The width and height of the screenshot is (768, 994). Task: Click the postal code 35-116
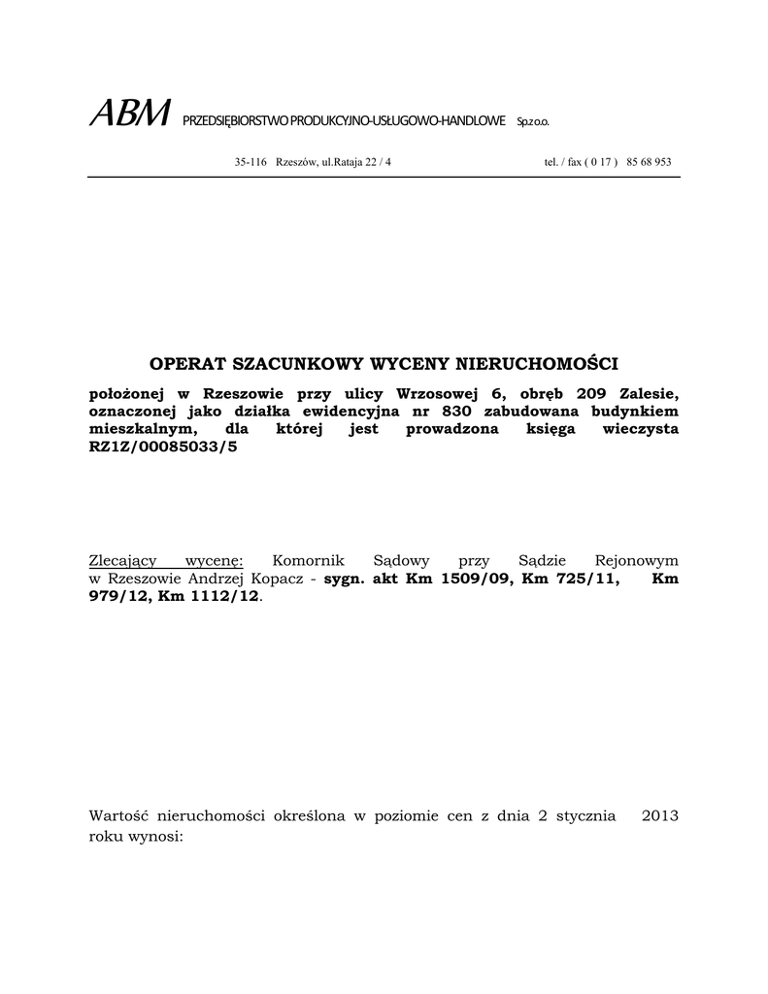point(250,162)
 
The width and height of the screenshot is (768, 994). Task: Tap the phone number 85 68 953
point(650,162)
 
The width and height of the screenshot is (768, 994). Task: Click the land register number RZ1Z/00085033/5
point(162,447)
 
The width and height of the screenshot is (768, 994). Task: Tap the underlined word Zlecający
point(124,561)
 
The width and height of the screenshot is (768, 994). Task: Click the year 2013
point(659,816)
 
